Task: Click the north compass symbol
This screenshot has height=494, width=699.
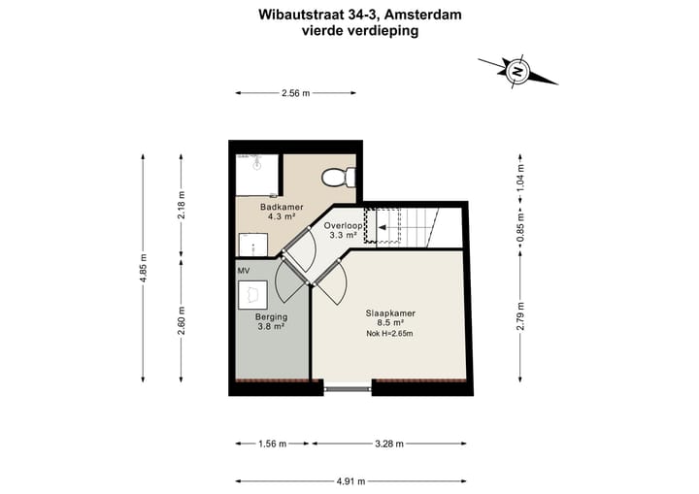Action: [x=518, y=71]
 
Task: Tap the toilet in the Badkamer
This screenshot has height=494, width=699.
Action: [x=337, y=178]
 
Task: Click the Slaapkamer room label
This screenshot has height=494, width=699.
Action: [x=390, y=313]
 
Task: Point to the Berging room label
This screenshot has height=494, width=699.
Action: [x=270, y=317]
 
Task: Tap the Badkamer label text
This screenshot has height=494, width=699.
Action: [x=283, y=208]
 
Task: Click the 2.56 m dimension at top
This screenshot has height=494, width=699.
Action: [x=295, y=93]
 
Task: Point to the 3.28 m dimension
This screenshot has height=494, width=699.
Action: [x=390, y=445]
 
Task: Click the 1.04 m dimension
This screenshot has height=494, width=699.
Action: [x=520, y=177]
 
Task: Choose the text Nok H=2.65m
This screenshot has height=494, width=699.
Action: [x=389, y=335]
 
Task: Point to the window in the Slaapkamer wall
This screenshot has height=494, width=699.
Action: [x=348, y=389]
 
